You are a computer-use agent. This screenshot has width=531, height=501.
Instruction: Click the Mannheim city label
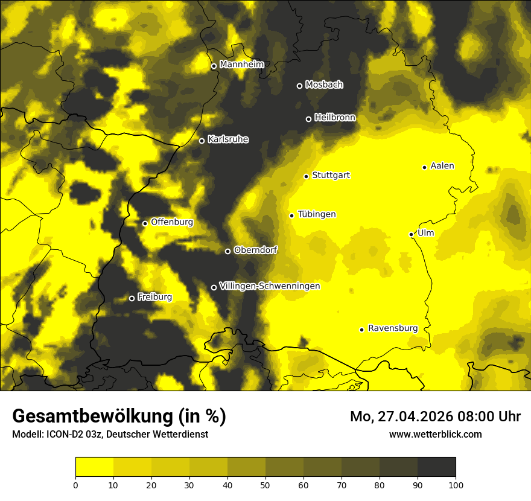click(x=242, y=65)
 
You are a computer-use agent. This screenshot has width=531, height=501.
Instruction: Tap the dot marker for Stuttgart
click(x=306, y=176)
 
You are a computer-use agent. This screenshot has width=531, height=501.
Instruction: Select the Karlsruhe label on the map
click(x=228, y=139)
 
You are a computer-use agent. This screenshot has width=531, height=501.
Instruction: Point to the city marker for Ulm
click(x=411, y=234)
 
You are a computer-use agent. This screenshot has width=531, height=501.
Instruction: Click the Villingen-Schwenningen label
click(x=270, y=286)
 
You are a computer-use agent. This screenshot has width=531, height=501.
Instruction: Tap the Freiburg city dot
click(x=132, y=298)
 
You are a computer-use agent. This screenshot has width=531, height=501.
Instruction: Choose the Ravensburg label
click(x=393, y=328)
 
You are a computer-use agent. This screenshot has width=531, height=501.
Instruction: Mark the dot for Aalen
click(x=424, y=167)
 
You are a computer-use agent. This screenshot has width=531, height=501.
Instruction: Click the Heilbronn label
click(x=335, y=118)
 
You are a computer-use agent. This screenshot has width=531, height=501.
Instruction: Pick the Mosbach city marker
click(x=299, y=86)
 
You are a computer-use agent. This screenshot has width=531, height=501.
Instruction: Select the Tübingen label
click(x=317, y=214)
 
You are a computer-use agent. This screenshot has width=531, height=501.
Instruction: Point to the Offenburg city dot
click(x=145, y=223)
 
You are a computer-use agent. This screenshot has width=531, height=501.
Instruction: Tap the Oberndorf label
click(x=255, y=250)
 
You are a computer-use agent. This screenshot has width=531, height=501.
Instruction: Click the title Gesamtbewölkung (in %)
click(x=119, y=416)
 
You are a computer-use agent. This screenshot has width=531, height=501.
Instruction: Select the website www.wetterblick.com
click(x=436, y=434)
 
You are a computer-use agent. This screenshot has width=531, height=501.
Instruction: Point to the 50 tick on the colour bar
click(x=265, y=485)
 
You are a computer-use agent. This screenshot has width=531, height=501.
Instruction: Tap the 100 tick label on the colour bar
click(x=456, y=485)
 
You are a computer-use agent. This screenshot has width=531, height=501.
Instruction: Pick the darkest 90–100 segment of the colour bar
click(x=436, y=467)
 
